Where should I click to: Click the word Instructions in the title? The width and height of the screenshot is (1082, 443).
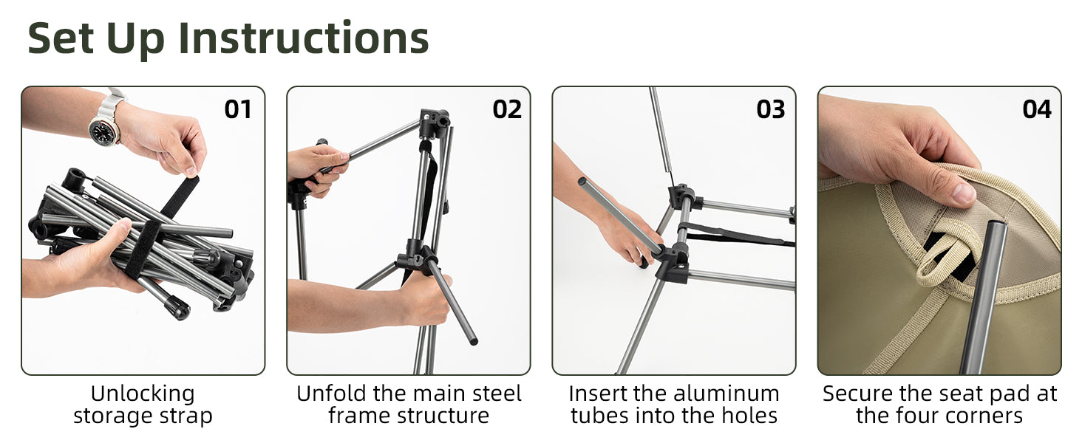tap(303, 38)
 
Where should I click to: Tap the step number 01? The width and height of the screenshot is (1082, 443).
tap(238, 109)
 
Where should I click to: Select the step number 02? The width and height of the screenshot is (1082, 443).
tap(507, 109)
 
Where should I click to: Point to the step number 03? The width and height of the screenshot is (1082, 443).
tap(770, 109)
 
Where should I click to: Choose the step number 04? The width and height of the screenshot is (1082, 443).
tap(1037, 109)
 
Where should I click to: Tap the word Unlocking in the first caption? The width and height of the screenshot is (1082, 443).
tap(143, 394)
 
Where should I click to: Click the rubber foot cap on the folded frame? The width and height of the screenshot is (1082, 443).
tap(177, 308)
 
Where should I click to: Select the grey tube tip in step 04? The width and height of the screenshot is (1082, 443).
tap(997, 227)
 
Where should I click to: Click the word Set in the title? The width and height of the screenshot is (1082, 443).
tap(61, 38)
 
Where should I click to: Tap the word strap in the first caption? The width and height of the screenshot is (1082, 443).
tap(186, 416)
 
